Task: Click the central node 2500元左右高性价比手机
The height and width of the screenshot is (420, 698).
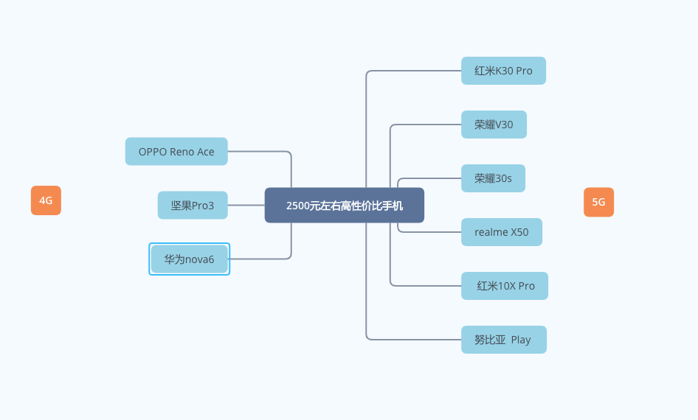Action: (x=344, y=206)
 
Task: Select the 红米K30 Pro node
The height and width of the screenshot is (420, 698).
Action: (x=503, y=71)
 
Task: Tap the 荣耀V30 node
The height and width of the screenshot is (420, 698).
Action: (x=494, y=125)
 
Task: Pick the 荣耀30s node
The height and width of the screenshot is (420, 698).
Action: (x=493, y=178)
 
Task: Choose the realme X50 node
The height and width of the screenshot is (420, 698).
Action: (x=501, y=232)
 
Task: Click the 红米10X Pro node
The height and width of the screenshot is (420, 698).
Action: (x=505, y=286)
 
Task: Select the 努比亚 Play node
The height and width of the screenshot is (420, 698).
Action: (x=503, y=340)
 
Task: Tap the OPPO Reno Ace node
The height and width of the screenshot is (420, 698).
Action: (x=176, y=152)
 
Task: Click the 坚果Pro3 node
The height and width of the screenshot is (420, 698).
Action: (x=193, y=206)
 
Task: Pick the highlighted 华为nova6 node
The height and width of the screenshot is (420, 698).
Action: (x=189, y=259)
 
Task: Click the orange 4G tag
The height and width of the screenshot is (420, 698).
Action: (x=46, y=200)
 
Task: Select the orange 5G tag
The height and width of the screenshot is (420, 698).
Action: (x=598, y=202)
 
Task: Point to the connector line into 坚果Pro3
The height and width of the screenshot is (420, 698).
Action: (x=246, y=206)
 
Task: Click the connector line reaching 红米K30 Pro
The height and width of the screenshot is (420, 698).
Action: (x=413, y=71)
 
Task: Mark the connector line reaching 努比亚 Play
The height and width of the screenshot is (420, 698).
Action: (x=413, y=340)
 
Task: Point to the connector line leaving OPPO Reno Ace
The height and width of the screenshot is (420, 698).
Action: (x=258, y=152)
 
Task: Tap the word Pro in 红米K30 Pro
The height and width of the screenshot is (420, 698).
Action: (x=524, y=71)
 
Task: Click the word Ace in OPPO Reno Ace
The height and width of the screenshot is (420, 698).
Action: (x=206, y=152)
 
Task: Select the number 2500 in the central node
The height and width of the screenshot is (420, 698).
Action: (x=297, y=206)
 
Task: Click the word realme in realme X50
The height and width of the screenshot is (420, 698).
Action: (x=491, y=232)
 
